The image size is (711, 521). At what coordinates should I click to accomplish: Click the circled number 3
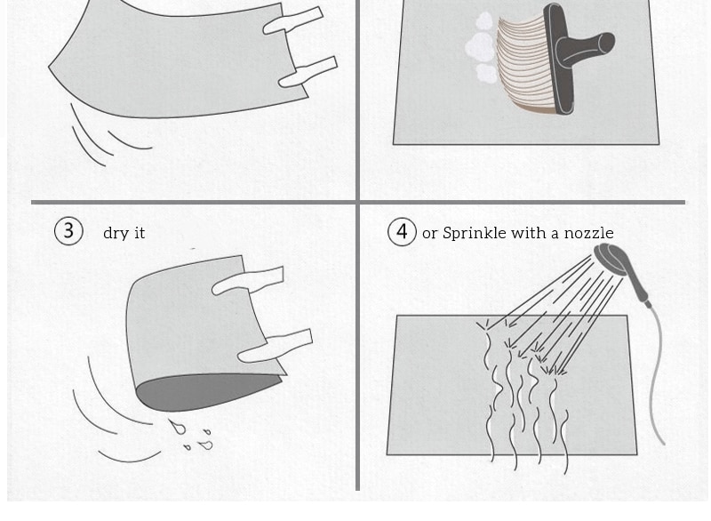point(68,231)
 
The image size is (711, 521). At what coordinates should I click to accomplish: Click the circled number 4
point(402,232)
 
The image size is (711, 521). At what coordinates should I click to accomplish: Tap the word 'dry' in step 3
point(116,233)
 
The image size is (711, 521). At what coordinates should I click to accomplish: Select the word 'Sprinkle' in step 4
point(475,233)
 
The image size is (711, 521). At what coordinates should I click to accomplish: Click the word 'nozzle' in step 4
point(588,234)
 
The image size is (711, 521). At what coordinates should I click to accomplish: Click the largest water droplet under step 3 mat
point(177,426)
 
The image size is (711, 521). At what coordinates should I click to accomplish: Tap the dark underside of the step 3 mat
point(206,391)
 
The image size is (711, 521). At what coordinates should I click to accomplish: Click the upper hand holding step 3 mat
point(248,281)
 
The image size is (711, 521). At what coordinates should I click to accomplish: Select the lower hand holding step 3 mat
point(275,347)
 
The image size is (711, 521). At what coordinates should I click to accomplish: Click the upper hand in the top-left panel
point(292,20)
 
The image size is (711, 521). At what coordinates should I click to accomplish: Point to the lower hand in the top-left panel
point(308,72)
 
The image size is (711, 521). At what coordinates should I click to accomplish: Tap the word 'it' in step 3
point(140,233)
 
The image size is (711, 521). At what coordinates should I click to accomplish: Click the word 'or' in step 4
point(430,234)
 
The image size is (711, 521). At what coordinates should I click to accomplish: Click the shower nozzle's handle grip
point(638,286)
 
